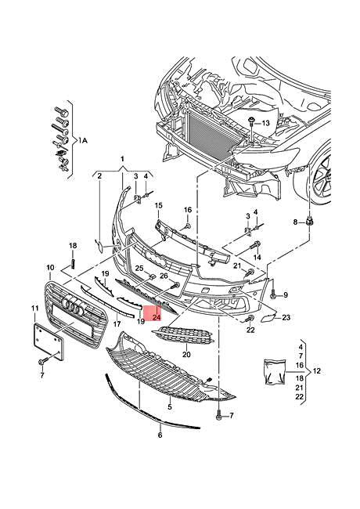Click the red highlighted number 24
157,318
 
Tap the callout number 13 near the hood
265,124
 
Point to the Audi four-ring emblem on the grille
74,307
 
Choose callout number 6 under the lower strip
160,435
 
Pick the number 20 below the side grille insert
186,354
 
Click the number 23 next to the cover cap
286,317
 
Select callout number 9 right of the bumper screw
286,294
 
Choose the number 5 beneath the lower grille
169,408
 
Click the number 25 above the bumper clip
139,269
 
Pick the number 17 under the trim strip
117,323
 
